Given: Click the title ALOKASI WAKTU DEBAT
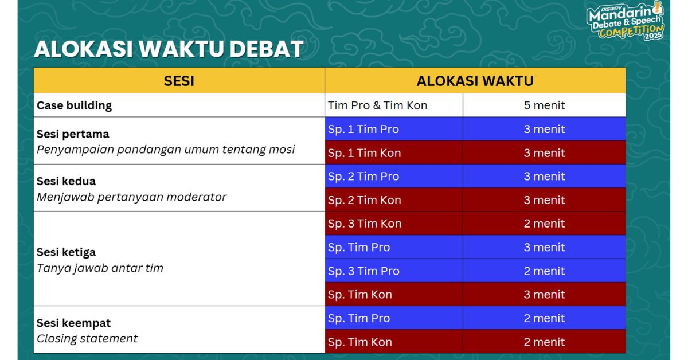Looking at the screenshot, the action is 169,49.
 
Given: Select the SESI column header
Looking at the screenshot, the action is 179,81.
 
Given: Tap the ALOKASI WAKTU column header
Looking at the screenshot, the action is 475,81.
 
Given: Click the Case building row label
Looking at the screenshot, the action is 74,105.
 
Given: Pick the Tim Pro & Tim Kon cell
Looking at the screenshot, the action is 394,105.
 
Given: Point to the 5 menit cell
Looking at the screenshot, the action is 544,105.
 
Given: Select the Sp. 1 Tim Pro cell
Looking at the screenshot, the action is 394,129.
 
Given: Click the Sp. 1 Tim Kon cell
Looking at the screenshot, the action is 394,152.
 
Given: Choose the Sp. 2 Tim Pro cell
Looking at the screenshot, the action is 394,177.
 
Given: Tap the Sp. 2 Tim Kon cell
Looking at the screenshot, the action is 394,200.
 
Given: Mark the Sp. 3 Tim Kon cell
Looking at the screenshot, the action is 394,224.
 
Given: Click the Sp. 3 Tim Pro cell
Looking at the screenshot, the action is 394,271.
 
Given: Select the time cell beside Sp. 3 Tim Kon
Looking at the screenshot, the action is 544,224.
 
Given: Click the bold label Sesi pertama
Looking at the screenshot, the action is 73,134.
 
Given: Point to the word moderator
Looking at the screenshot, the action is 196,197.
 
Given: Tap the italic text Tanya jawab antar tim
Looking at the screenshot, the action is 100,268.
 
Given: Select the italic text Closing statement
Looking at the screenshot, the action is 87,338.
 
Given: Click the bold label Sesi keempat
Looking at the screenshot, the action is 73,323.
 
